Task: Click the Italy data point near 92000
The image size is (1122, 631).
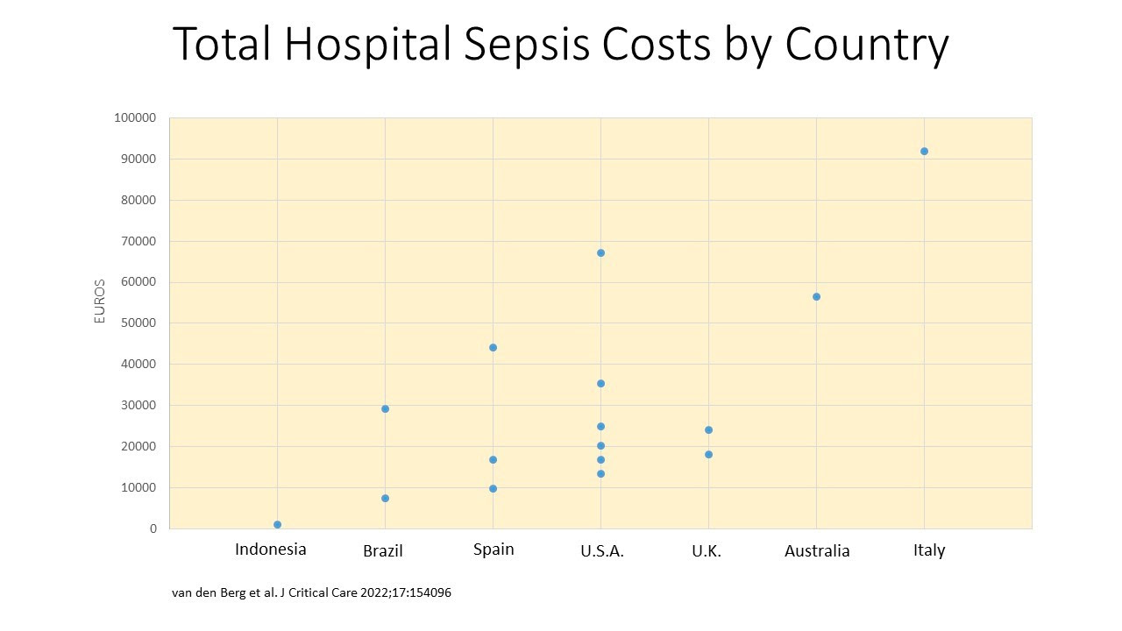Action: (924, 151)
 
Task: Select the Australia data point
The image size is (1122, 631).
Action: (816, 296)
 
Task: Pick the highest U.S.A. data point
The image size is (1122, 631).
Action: (600, 252)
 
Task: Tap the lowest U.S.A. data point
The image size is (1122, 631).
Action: (600, 473)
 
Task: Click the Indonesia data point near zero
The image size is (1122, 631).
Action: (277, 524)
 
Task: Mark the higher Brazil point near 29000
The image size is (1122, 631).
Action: (385, 408)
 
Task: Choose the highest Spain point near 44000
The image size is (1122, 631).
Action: (493, 347)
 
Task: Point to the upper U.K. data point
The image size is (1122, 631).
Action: (708, 429)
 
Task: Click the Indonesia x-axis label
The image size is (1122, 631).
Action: (271, 549)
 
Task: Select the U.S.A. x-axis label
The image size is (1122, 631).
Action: (602, 551)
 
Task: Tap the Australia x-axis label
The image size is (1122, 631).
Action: (817, 551)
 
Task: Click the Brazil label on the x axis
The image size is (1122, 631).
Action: (383, 551)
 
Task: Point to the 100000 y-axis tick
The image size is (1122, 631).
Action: (135, 118)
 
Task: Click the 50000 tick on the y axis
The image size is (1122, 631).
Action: (138, 323)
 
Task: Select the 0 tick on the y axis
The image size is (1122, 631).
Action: (153, 528)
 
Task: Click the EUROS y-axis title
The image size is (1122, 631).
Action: (100, 301)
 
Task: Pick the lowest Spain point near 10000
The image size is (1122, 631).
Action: (493, 488)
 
